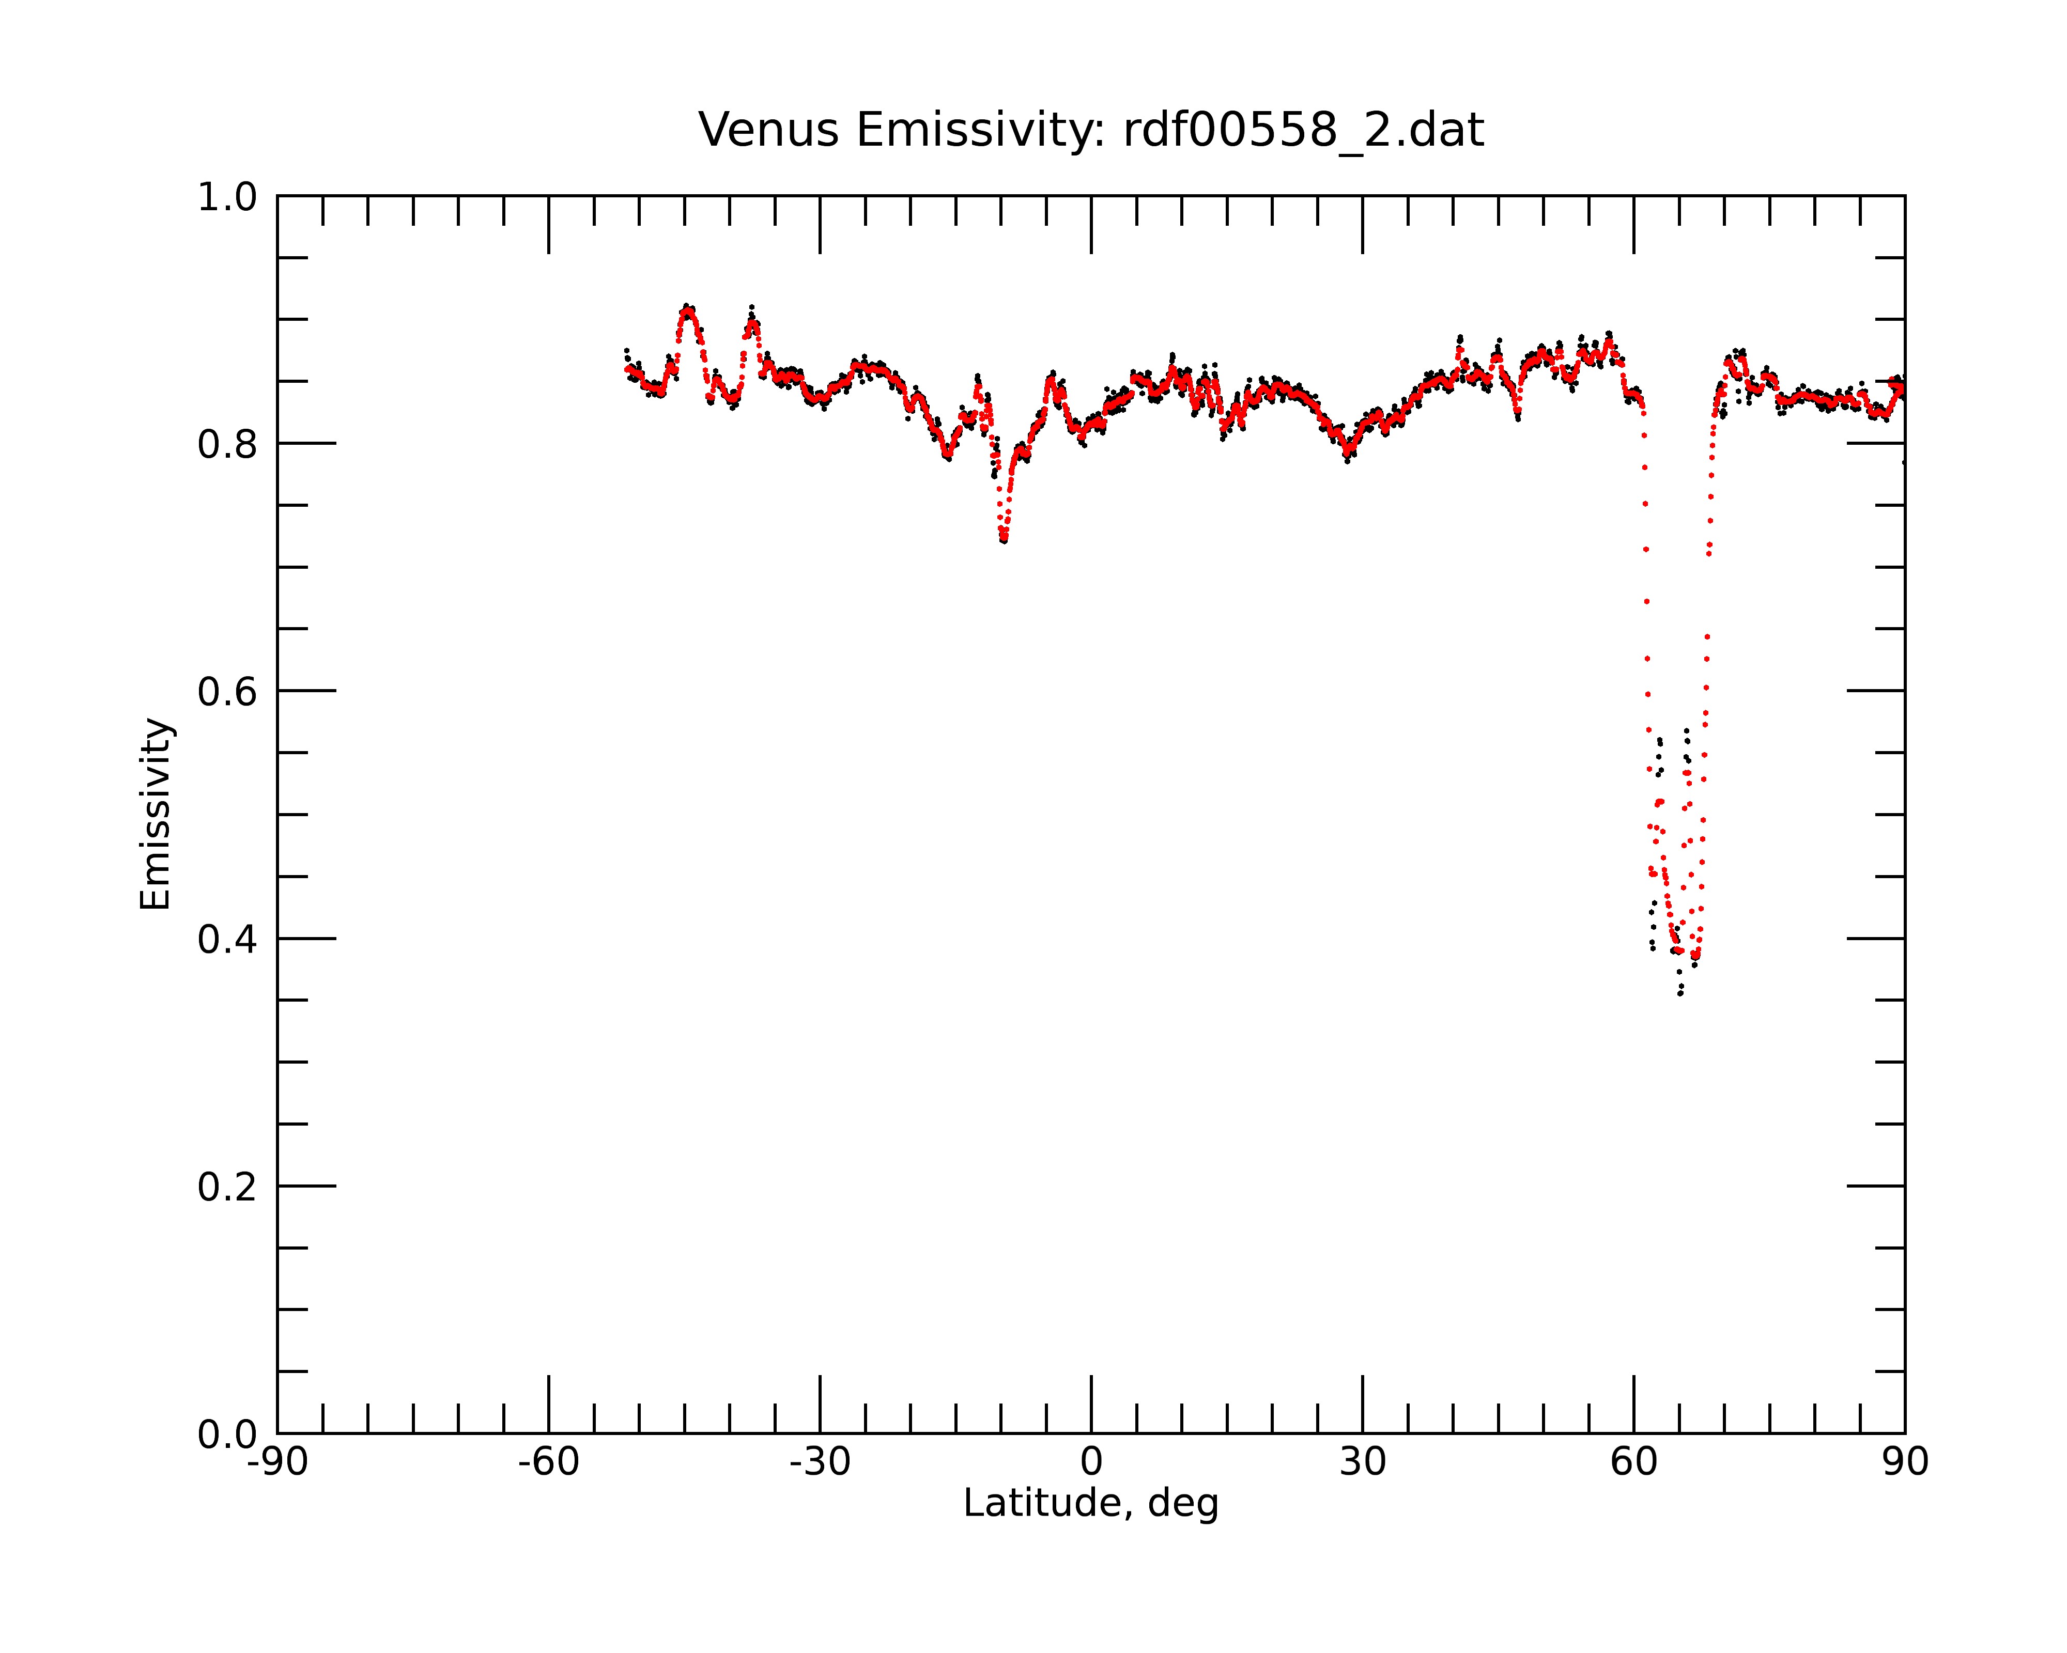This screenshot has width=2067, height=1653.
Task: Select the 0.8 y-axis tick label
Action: (x=227, y=445)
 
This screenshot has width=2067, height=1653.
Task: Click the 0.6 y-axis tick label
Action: (x=227, y=692)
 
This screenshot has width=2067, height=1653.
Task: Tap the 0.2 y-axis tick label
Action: (x=227, y=1187)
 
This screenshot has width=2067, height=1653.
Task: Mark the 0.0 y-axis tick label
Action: (x=227, y=1434)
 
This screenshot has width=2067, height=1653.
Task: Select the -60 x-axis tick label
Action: (x=548, y=1462)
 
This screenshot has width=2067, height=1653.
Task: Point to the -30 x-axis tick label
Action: (x=820, y=1462)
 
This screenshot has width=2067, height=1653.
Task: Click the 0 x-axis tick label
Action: (x=1091, y=1462)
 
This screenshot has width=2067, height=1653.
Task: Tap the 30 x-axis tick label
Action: (x=1362, y=1462)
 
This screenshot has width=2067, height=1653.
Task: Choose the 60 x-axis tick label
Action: (x=1633, y=1462)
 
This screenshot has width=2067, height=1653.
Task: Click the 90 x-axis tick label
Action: (x=1905, y=1462)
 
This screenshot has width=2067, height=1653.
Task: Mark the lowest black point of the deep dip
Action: (x=1679, y=994)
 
